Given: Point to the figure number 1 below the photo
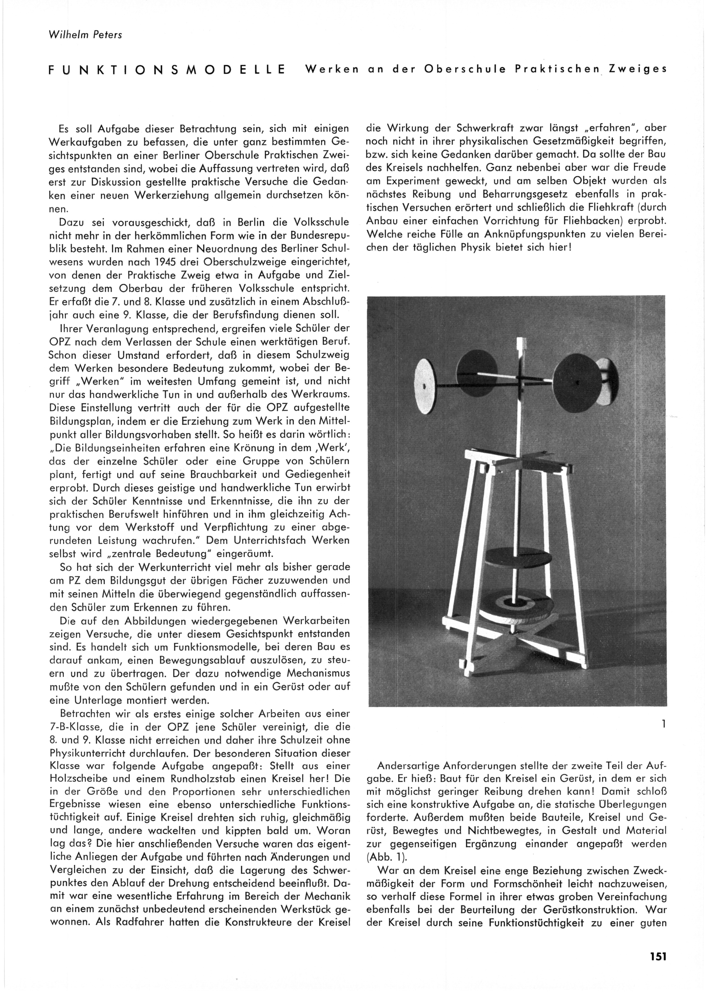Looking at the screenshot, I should point(663,725).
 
